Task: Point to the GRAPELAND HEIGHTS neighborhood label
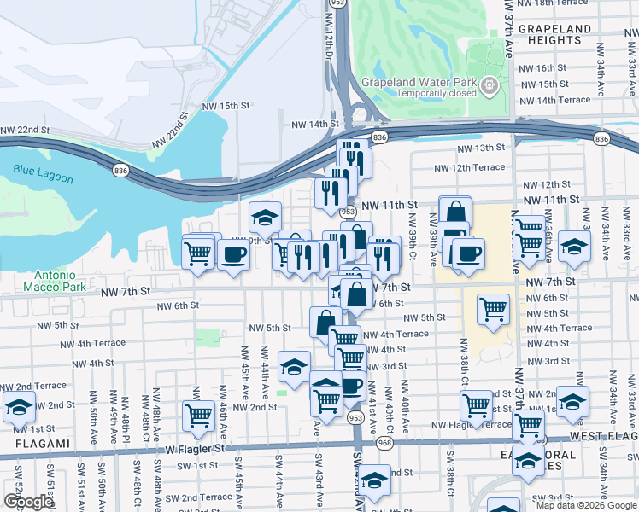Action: [554, 34]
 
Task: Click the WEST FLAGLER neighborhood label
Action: [602, 436]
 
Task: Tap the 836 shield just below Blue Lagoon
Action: [115, 171]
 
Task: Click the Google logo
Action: [28, 502]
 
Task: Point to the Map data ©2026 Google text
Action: [586, 505]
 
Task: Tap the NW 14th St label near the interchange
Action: [305, 124]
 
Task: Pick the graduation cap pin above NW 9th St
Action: [265, 216]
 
